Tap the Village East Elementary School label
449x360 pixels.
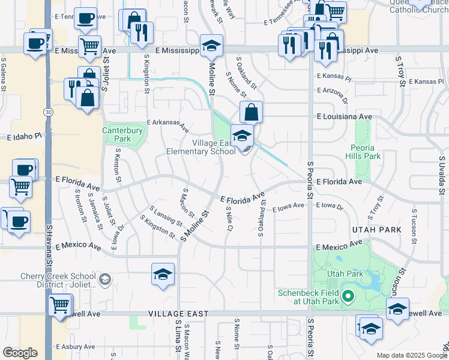coord(214,148)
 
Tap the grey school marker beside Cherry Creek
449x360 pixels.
coord(105,279)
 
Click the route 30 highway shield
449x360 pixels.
coord(47,112)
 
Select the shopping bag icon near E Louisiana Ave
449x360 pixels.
coord(251,112)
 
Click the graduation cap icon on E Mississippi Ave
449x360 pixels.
coord(211,46)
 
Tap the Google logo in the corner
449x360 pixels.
coord(20,353)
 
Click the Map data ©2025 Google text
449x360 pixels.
coord(411,355)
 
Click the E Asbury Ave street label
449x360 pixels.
coord(74,347)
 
